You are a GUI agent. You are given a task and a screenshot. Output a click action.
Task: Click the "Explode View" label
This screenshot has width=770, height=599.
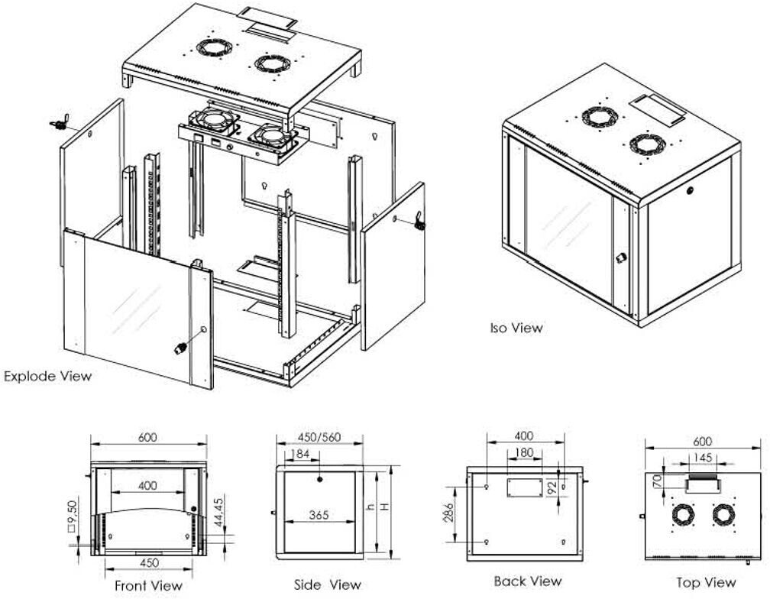(47, 376)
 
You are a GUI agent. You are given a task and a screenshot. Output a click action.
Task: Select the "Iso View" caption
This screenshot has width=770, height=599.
(516, 328)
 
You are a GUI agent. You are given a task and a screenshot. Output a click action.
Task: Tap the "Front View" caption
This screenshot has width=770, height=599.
(148, 585)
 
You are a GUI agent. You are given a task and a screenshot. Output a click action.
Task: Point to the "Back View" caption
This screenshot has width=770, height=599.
(527, 581)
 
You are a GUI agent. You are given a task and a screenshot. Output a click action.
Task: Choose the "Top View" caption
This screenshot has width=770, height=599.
(707, 583)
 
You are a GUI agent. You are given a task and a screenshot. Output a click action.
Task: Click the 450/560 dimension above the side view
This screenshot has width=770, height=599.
(319, 438)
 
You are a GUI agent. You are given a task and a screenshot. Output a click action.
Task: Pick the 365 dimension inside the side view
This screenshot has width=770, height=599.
(319, 515)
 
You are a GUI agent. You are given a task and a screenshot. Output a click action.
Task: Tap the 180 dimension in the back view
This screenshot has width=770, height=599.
(525, 452)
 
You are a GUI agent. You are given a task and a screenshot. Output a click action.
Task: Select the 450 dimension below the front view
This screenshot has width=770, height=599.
(150, 562)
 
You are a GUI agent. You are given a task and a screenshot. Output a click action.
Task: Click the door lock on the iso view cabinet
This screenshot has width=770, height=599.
(619, 257)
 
